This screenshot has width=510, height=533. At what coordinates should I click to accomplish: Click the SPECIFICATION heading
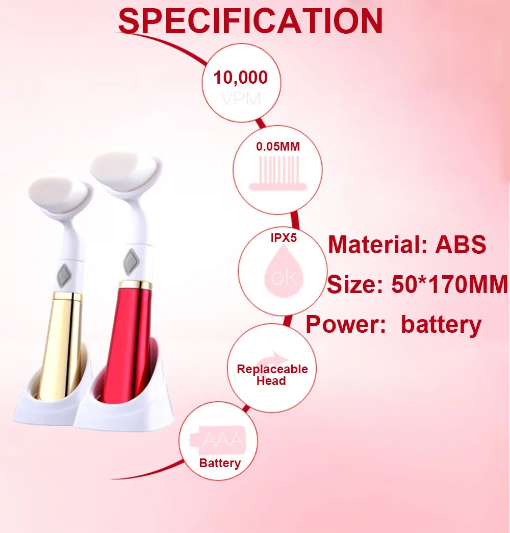point(250,21)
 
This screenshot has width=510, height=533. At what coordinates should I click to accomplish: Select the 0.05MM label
point(278,147)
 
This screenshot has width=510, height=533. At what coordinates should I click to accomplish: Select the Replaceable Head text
point(272,375)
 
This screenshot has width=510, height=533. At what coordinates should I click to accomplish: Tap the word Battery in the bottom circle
point(220,463)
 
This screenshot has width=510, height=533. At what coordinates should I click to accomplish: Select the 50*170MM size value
point(450,283)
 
